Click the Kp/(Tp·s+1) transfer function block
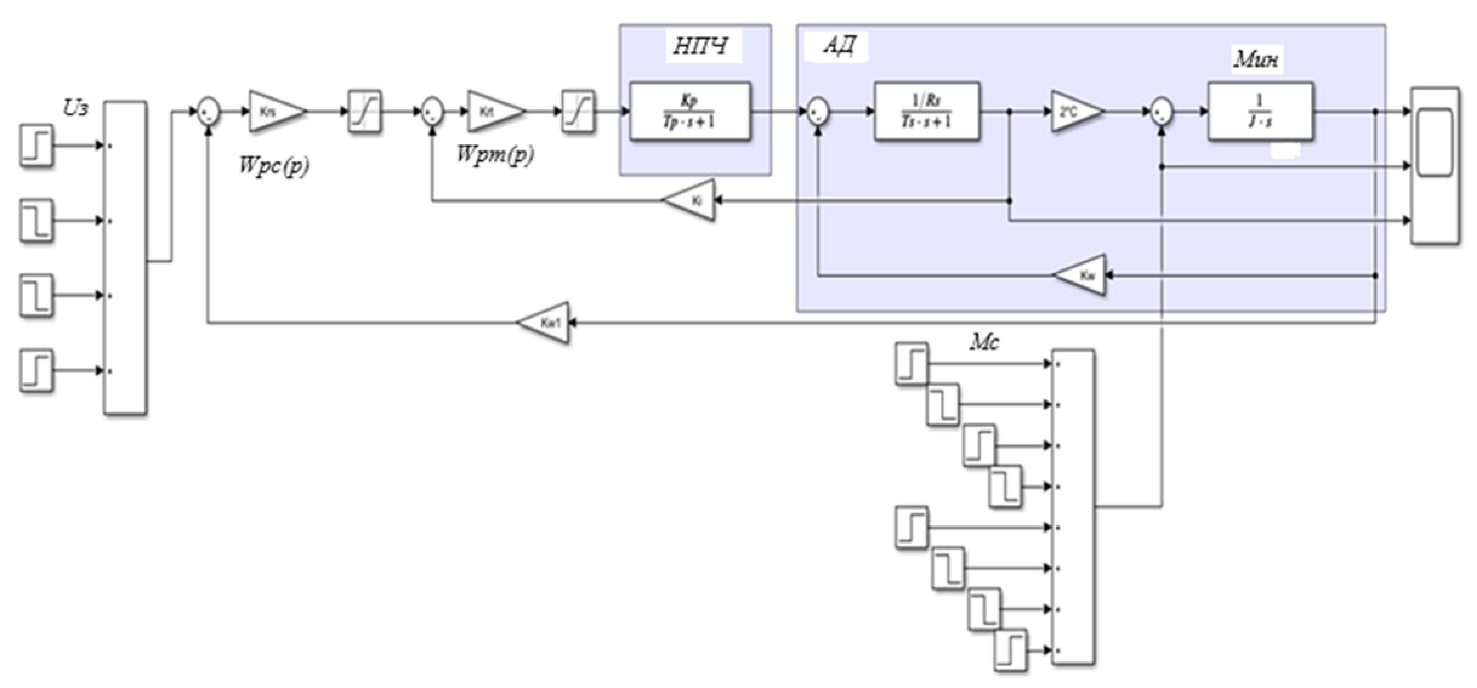(x=690, y=112)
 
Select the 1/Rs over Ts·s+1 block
(x=927, y=112)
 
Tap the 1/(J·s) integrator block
(x=1260, y=112)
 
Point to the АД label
(x=839, y=46)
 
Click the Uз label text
(x=76, y=108)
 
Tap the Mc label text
(x=984, y=342)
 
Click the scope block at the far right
(x=1435, y=166)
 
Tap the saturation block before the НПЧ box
(x=578, y=112)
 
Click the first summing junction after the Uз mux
(x=208, y=111)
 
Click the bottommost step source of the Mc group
(x=1011, y=651)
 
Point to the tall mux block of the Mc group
(x=1073, y=507)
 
